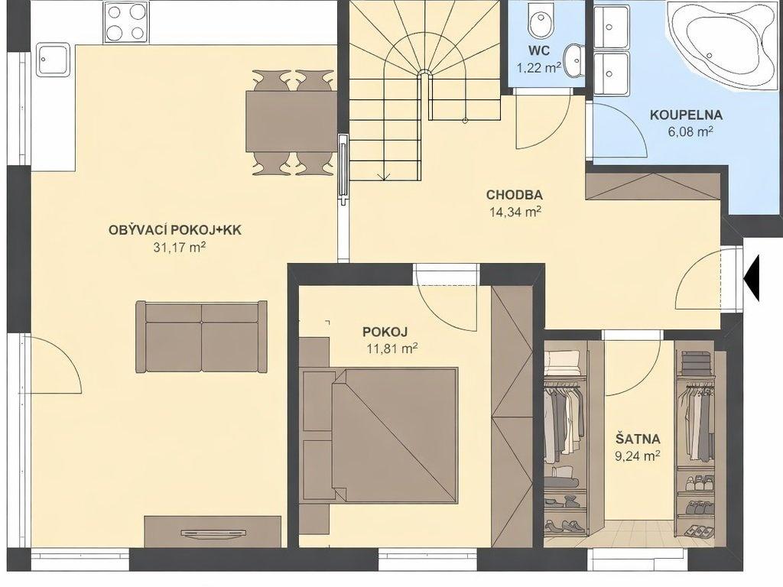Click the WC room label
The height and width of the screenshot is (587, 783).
pyautogui.click(x=539, y=50)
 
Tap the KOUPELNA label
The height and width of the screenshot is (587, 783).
pyautogui.click(x=686, y=115)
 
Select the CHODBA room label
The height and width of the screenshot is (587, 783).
pyautogui.click(x=515, y=195)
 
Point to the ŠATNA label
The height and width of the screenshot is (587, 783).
pyautogui.click(x=638, y=439)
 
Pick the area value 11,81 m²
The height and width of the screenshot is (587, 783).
pyautogui.click(x=392, y=348)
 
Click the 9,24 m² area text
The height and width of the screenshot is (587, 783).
pyautogui.click(x=638, y=456)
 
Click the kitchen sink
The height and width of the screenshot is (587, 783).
pyautogui.click(x=52, y=60)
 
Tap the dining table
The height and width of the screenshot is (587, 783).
pyautogui.click(x=291, y=121)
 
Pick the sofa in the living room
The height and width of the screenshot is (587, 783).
pyautogui.click(x=201, y=336)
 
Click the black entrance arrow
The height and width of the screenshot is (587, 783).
pyautogui.click(x=752, y=277)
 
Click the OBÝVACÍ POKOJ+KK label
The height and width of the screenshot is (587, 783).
pyautogui.click(x=175, y=230)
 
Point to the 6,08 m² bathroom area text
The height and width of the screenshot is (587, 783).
pyautogui.click(x=688, y=131)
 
